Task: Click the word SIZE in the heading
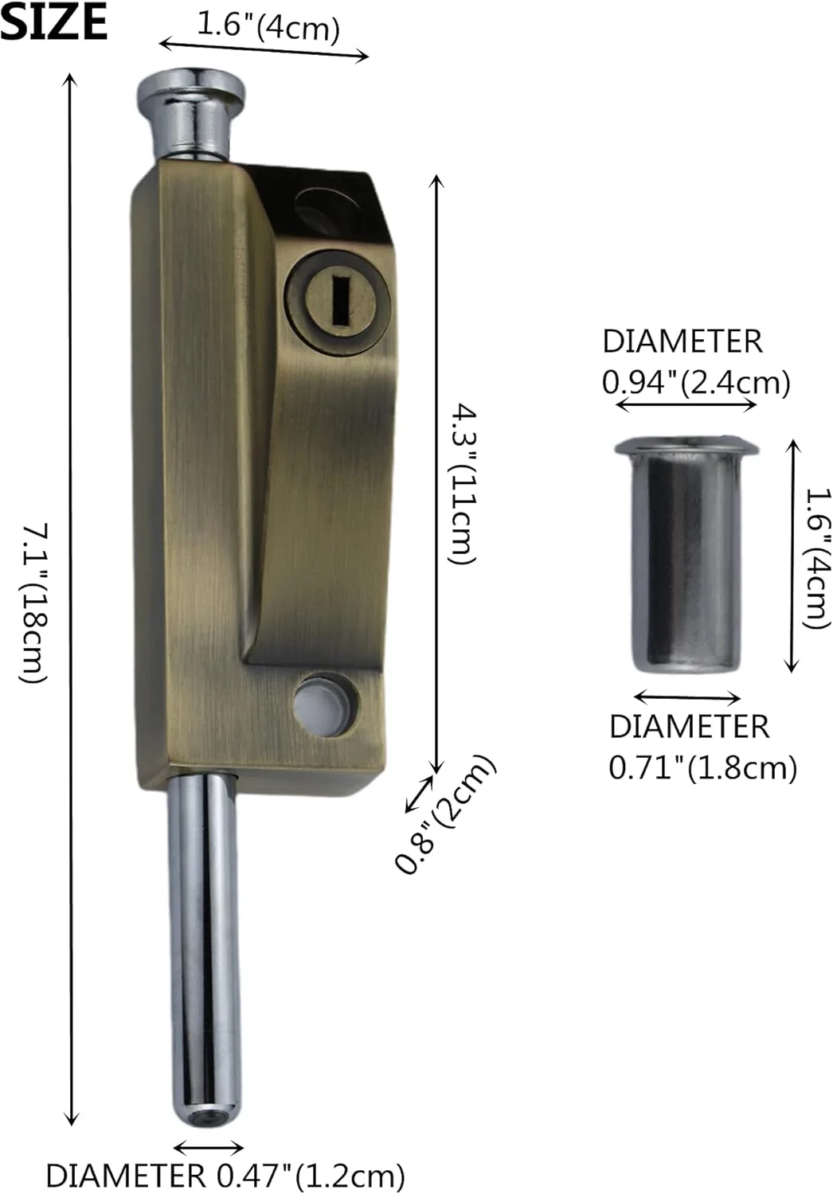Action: click(53, 21)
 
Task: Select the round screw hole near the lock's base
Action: click(326, 706)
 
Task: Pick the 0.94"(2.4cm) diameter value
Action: click(696, 383)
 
